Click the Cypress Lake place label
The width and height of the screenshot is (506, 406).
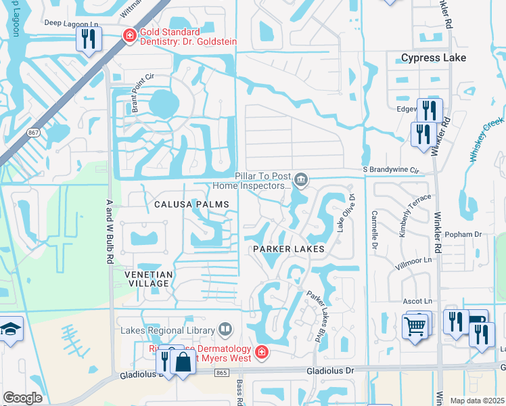(x=433, y=58)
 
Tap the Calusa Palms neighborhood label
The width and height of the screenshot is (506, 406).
(x=191, y=204)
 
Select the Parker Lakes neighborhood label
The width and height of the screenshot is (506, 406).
(x=289, y=249)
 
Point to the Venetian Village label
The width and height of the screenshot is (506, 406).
(x=149, y=278)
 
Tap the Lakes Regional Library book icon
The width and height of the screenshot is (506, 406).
(x=226, y=330)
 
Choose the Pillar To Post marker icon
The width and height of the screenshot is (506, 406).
(x=302, y=179)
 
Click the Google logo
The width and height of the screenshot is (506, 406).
(x=23, y=398)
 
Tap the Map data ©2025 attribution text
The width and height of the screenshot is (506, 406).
(x=476, y=401)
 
